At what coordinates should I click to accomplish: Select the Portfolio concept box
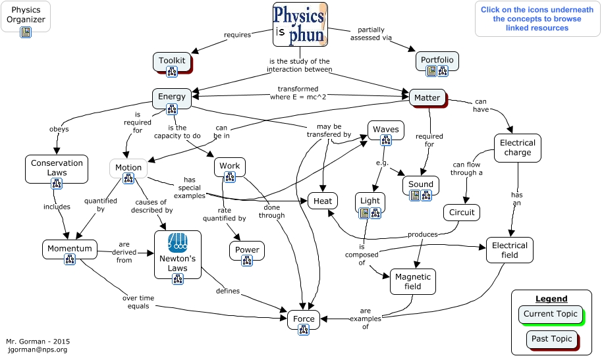click(x=437, y=61)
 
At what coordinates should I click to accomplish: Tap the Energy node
click(x=172, y=97)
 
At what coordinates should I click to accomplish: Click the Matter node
click(x=427, y=98)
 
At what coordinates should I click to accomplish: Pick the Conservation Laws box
click(x=57, y=168)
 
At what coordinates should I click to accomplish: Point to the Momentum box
click(x=69, y=249)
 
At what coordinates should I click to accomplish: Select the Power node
click(x=247, y=249)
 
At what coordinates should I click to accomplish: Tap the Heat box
click(x=323, y=200)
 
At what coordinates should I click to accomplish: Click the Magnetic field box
click(x=412, y=282)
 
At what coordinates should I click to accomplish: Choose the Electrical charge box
click(x=517, y=147)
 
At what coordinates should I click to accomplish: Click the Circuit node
click(x=461, y=213)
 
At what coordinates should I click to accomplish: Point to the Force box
click(x=304, y=319)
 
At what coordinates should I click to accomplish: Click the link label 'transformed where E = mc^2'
click(x=298, y=93)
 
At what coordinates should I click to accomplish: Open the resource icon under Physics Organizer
click(x=26, y=32)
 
